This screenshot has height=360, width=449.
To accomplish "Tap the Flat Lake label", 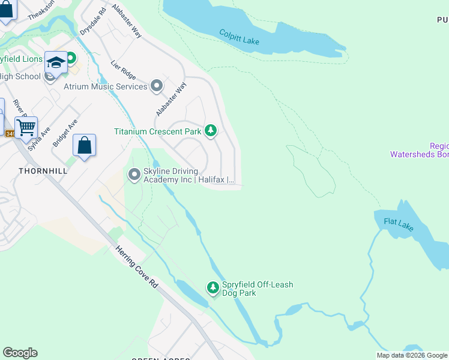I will [399, 224].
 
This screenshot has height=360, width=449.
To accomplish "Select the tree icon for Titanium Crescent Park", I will [210, 130].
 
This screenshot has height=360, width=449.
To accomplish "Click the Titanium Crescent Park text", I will [158, 131].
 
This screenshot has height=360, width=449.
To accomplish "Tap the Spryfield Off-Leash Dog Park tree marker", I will [212, 288].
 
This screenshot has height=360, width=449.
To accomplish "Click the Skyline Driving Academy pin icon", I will [133, 175].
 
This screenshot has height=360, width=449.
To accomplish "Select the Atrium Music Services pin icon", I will [157, 86].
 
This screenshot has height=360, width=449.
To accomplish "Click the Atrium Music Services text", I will [106, 86].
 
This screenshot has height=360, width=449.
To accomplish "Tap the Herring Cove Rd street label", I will [138, 268].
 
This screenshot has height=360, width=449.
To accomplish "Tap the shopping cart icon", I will [26, 127].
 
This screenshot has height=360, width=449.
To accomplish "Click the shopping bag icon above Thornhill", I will [84, 145].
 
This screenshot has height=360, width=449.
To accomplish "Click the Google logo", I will [20, 353].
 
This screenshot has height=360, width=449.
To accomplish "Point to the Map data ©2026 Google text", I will [412, 355].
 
